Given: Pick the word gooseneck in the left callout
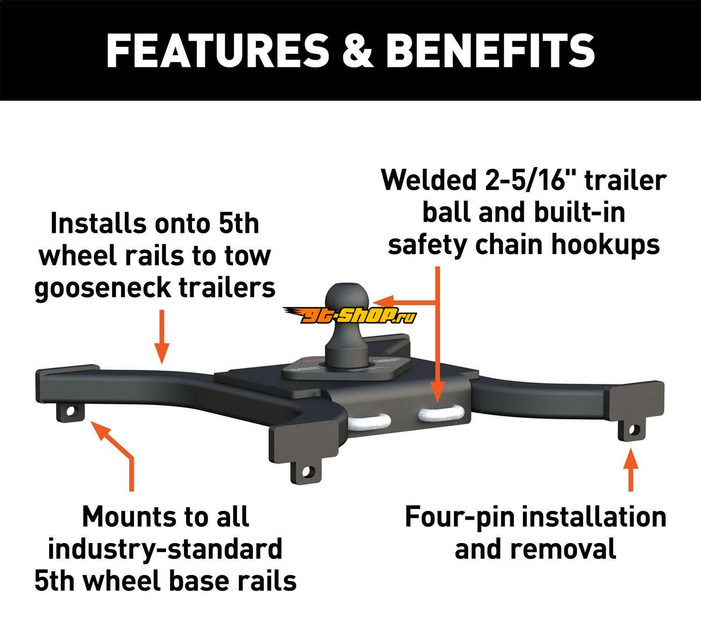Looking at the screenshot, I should (97, 288).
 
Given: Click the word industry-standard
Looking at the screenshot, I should (165, 549).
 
